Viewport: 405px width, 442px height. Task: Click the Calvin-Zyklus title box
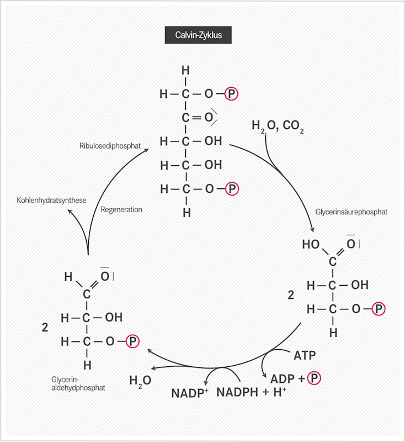point(198,35)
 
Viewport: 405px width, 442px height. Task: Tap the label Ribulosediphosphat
point(110,146)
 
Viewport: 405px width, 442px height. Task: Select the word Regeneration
point(121,209)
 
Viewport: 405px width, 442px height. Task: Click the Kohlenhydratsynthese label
point(52,200)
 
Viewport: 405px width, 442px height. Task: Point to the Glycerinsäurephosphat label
point(351,212)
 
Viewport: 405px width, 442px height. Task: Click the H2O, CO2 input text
point(278,125)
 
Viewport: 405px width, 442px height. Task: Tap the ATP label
point(305,355)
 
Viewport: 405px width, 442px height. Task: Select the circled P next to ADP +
point(314,378)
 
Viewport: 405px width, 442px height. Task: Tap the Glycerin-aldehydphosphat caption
point(78,383)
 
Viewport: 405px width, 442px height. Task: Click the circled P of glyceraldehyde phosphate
point(132,341)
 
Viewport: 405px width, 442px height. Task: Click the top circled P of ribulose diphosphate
point(232,94)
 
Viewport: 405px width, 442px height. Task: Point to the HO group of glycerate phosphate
point(311,244)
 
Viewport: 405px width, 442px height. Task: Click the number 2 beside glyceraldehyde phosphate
point(45,327)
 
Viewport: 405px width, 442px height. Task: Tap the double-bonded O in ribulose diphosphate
point(209,117)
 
